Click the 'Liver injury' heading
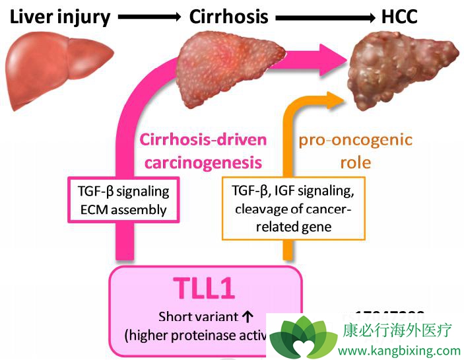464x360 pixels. (x=59, y=17)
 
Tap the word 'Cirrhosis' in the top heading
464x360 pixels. (x=228, y=17)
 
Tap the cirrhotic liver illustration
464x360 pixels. (x=228, y=73)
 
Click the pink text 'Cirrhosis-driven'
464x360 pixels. (x=203, y=140)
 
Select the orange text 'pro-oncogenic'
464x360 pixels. (x=356, y=140)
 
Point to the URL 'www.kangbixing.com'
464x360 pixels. (x=399, y=350)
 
